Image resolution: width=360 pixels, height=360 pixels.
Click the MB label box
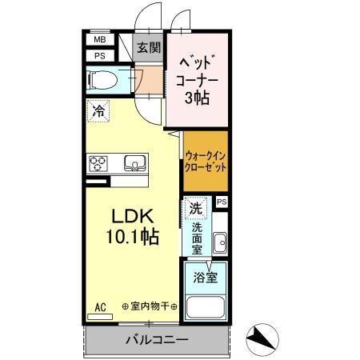pos(100,39)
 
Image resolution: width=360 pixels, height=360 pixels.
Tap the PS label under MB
pos(100,55)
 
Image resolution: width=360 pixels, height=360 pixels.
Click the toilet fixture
pos(101,79)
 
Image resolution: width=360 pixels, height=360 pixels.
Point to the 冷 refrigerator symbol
pos(98,112)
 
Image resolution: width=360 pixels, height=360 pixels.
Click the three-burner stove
pos(98,163)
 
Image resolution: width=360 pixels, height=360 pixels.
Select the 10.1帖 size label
pos(130,237)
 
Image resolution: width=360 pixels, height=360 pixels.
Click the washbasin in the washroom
pos(222,242)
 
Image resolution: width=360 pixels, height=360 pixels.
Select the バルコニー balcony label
pos(157,340)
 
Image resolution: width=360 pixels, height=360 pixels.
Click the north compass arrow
pos(262,339)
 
